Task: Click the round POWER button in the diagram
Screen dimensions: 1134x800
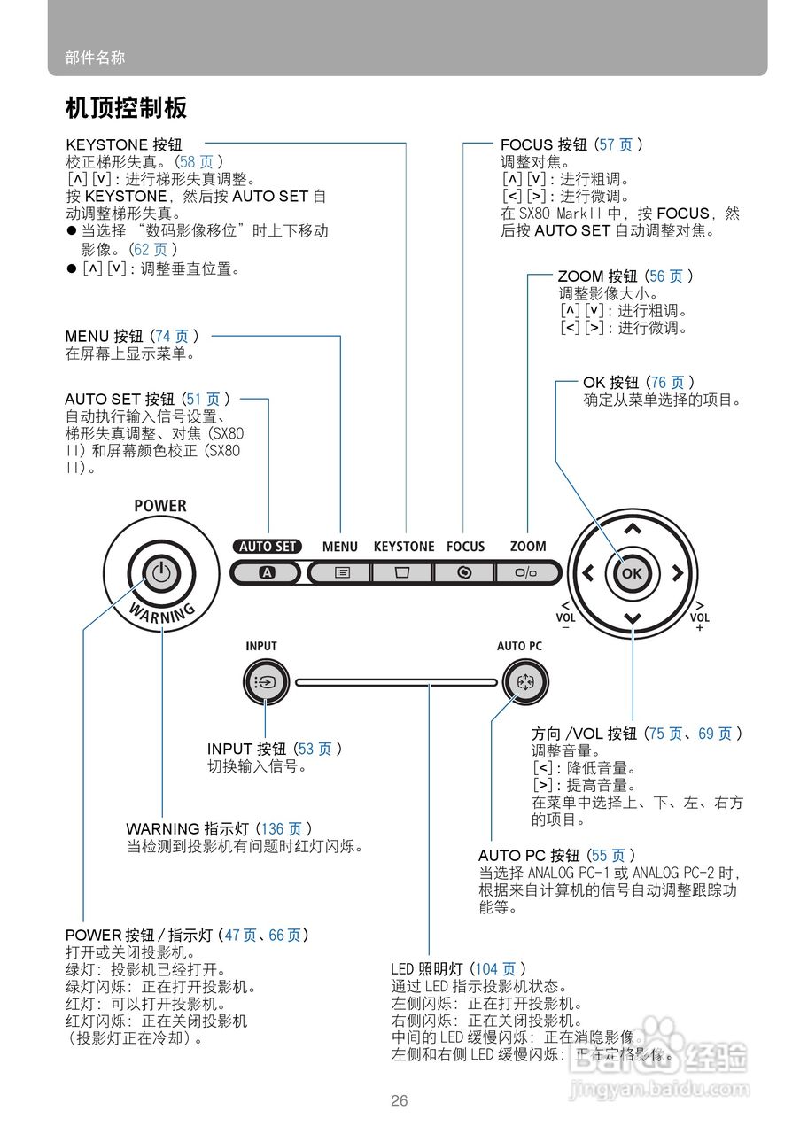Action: [160, 572]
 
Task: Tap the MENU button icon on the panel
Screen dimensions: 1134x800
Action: [342, 572]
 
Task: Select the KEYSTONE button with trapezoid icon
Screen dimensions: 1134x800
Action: [403, 572]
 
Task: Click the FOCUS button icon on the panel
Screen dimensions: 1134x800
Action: [464, 572]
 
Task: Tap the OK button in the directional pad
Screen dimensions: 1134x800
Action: [631, 573]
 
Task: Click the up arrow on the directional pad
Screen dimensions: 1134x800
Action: [632, 530]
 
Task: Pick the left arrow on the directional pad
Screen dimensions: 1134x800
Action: [587, 573]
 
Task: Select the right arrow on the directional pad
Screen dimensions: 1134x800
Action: [677, 573]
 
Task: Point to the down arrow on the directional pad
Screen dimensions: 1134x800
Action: [632, 617]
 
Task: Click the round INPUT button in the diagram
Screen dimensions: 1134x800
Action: [262, 682]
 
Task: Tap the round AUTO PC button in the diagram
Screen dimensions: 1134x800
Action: [520, 682]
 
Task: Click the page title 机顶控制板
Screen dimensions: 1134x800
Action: [126, 108]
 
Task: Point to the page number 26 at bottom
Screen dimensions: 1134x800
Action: [400, 1101]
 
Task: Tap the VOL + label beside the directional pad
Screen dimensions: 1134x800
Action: [699, 621]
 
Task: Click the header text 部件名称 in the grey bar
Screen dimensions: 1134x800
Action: [95, 58]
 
